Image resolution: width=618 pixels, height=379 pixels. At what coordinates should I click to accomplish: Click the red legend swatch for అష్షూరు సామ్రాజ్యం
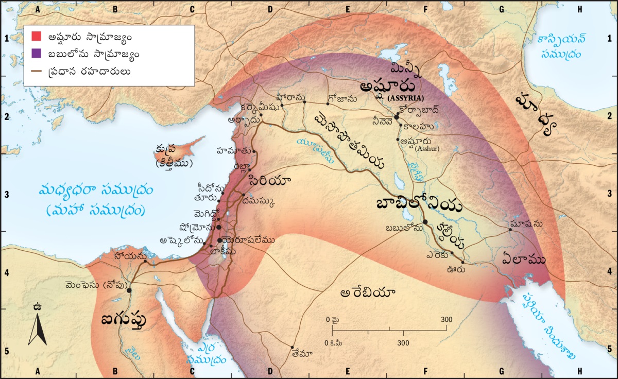[36, 37]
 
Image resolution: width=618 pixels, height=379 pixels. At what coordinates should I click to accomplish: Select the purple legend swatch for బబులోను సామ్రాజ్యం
[36, 54]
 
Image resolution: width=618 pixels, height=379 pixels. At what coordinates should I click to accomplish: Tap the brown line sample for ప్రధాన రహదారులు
[36, 71]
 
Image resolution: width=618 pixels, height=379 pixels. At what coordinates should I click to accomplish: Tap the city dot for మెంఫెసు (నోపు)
[129, 290]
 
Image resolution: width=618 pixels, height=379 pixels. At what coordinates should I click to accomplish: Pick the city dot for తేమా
[293, 347]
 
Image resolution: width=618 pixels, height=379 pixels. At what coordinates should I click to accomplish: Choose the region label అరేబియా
[368, 293]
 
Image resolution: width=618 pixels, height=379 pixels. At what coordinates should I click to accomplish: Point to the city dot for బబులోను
[425, 222]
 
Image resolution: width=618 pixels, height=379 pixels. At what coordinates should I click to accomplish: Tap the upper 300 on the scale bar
[446, 320]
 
